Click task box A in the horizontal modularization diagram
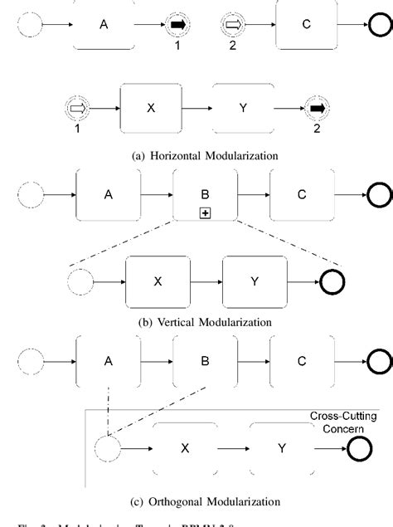tap(104, 25)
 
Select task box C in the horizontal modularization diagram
tap(306, 25)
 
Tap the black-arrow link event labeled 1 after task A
tap(177, 26)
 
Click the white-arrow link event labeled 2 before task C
tap(232, 26)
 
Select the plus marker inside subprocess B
tap(205, 213)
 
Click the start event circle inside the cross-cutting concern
tap(107, 449)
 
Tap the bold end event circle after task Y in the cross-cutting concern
tap(361, 449)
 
